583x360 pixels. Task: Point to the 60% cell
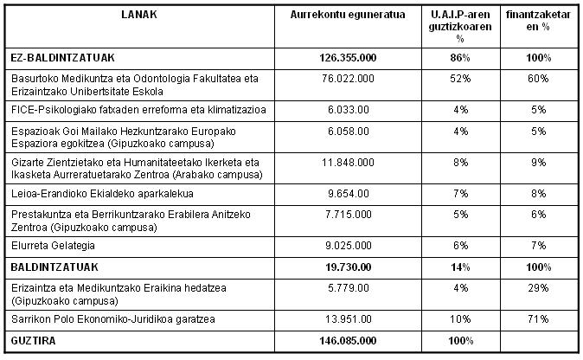click(538, 79)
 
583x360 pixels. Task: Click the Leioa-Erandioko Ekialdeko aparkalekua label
click(102, 193)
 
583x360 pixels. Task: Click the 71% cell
click(538, 319)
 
